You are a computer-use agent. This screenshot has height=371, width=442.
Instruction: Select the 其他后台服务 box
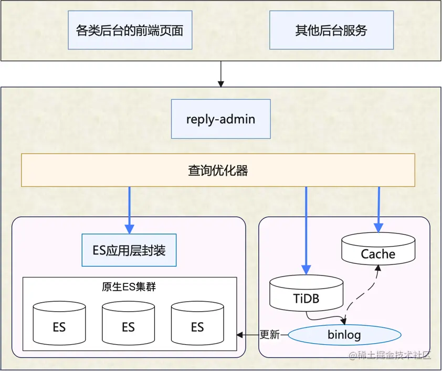point(331,30)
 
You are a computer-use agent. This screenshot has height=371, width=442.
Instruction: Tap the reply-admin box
point(221,119)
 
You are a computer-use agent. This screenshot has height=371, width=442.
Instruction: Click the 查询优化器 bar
point(218,170)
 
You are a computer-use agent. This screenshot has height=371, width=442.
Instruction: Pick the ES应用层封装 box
point(129,250)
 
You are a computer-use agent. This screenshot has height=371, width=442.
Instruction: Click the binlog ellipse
point(344,334)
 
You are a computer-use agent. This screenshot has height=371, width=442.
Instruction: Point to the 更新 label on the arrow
point(270,334)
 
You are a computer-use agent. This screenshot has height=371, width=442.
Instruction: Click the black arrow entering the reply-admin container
point(221,73)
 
